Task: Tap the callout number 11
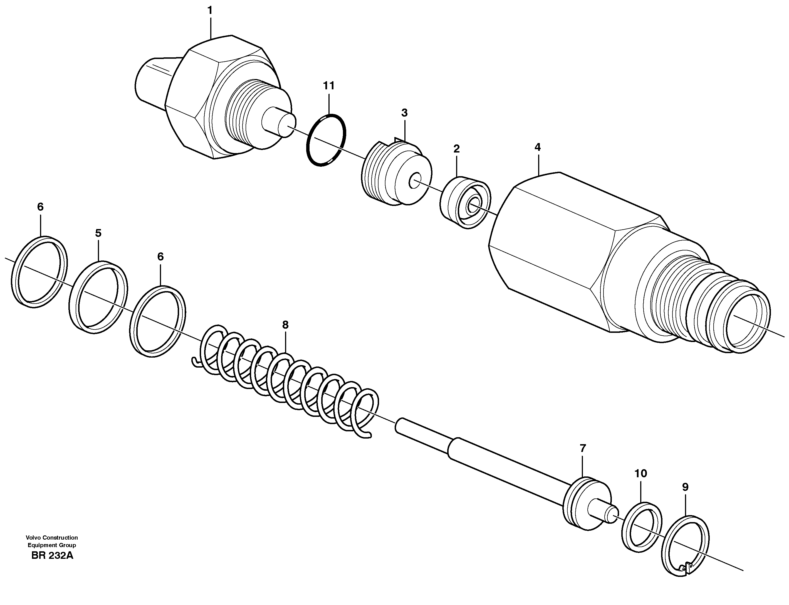(329, 86)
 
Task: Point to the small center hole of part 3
(415, 180)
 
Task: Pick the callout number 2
(456, 148)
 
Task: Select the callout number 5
(98, 233)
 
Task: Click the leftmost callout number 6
(40, 207)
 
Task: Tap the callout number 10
(641, 474)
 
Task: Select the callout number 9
(685, 487)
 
